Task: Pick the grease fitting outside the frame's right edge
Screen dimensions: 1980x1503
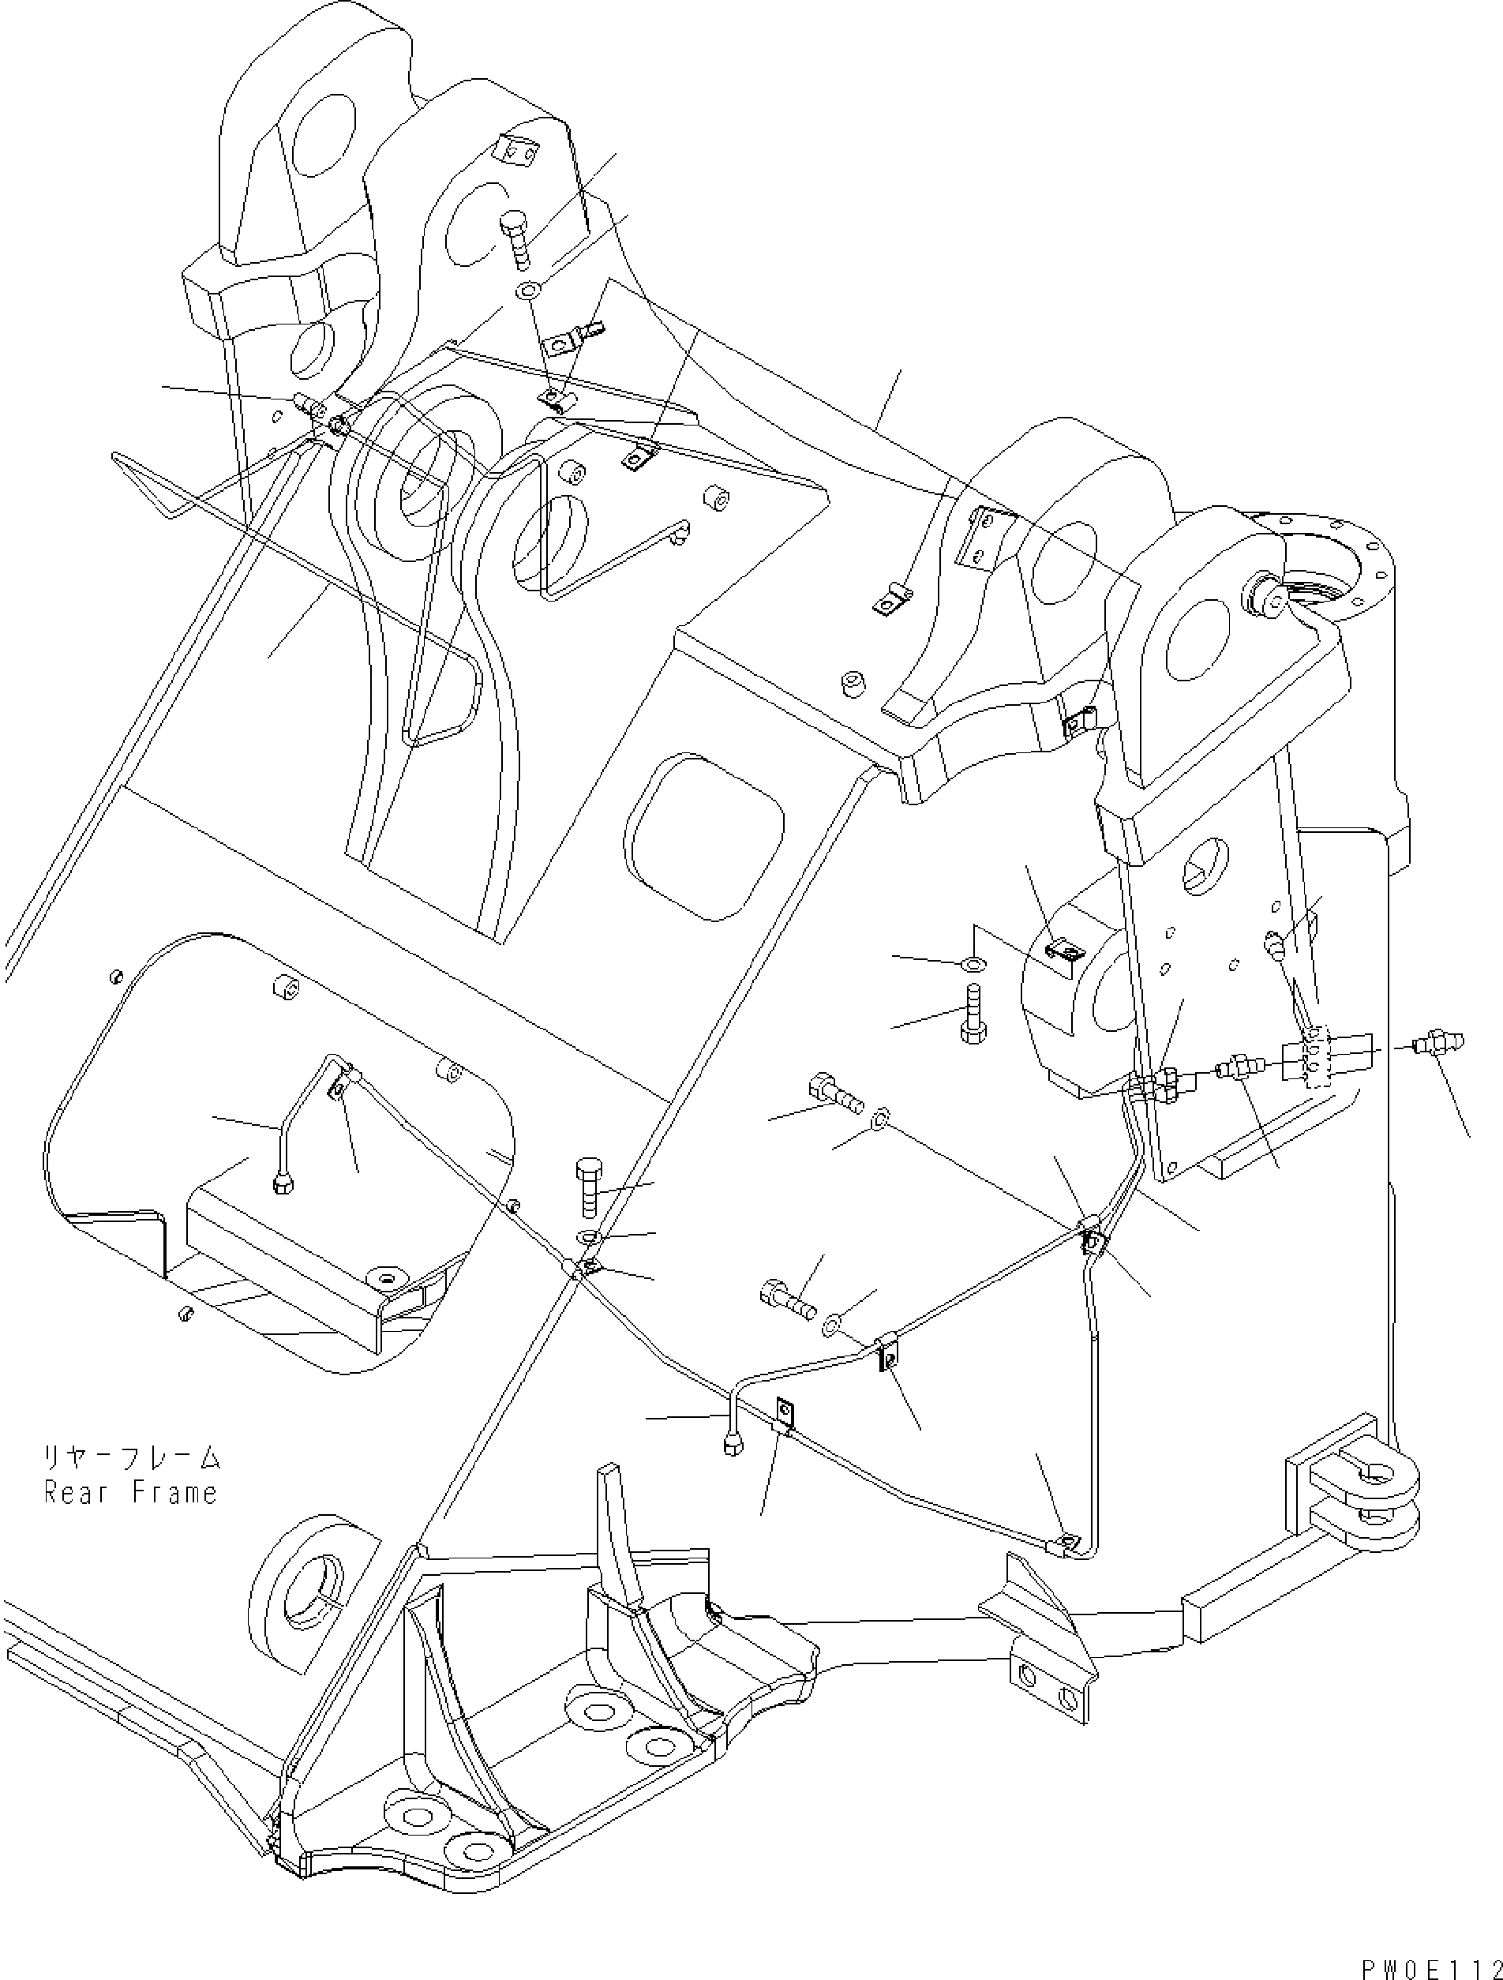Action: point(1437,1043)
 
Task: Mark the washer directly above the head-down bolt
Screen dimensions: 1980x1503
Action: point(973,963)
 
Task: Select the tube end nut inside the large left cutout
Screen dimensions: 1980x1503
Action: point(283,1187)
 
